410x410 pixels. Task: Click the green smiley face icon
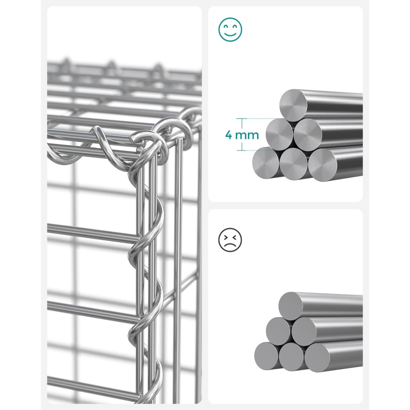(230, 30)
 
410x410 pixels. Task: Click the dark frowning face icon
(230, 240)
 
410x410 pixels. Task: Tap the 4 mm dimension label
(242, 135)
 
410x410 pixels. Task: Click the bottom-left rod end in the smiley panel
(266, 163)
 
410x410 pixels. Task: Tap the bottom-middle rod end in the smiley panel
(293, 164)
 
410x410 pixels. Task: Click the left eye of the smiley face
(225, 27)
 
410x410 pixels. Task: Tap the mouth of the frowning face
(230, 245)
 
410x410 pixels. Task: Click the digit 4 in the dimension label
(229, 135)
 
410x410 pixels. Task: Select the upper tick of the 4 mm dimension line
(242, 119)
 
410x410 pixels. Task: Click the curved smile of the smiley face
(230, 34)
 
